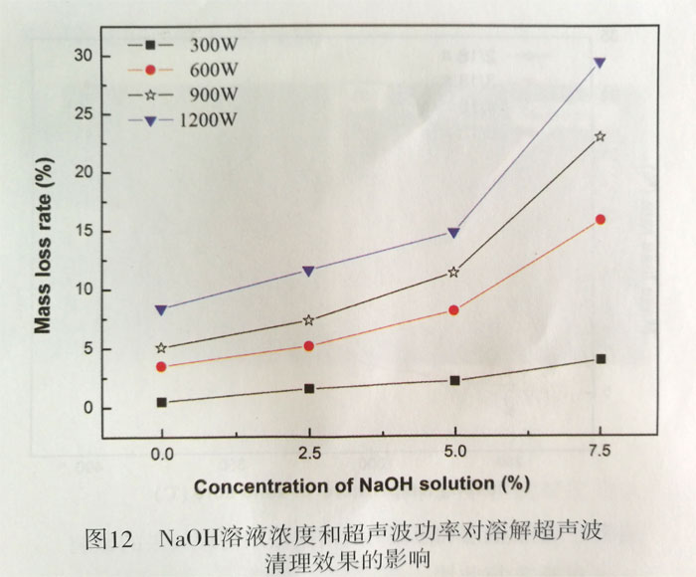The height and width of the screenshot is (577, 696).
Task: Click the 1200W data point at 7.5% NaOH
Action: click(x=600, y=63)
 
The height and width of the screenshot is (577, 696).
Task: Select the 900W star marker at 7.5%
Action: click(x=600, y=136)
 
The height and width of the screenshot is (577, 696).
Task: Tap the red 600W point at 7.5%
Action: click(x=600, y=220)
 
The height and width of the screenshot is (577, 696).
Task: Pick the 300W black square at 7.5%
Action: click(x=601, y=359)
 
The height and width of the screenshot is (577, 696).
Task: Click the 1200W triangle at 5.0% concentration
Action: click(x=454, y=233)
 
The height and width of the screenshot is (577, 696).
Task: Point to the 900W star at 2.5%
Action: click(x=308, y=320)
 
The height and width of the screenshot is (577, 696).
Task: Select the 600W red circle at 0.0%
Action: click(x=162, y=367)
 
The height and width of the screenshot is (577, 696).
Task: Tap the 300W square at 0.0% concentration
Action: click(x=162, y=403)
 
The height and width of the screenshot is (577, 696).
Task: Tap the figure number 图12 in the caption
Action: click(x=109, y=540)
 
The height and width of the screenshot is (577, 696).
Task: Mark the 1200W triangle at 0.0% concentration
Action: click(x=162, y=310)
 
